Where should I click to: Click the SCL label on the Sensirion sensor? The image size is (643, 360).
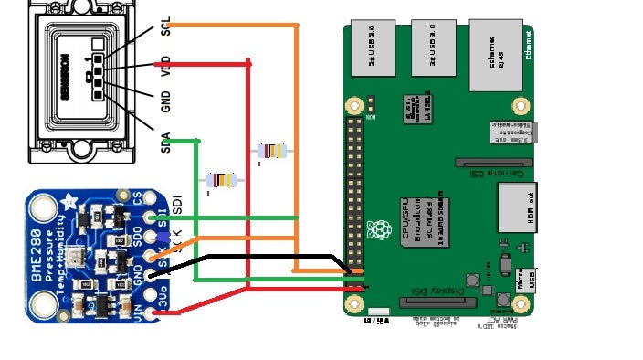(x=166, y=26)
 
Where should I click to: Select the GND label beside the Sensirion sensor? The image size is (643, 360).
(x=166, y=101)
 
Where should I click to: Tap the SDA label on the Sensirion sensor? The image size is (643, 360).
(x=166, y=142)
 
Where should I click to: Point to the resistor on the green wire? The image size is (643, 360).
(x=221, y=180)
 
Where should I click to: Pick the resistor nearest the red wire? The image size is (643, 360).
(x=272, y=151)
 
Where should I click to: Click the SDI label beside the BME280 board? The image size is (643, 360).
(x=177, y=205)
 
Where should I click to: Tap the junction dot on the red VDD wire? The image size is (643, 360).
(x=248, y=64)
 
